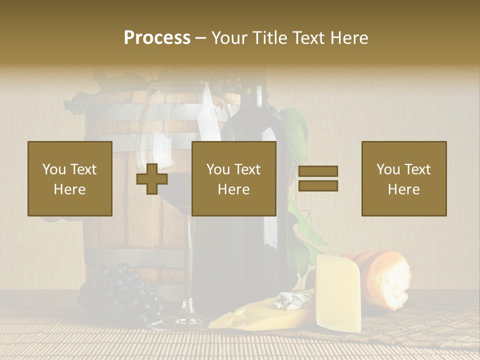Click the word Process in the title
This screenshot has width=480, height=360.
tap(157, 38)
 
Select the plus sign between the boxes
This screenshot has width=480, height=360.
tap(152, 178)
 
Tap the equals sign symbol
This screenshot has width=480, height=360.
tap(318, 178)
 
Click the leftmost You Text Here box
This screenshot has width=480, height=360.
tap(70, 178)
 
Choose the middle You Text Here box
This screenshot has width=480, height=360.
tap(233, 178)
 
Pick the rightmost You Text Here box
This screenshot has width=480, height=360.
tap(404, 178)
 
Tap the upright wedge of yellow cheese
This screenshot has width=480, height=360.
tap(339, 292)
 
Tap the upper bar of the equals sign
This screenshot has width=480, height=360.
tap(318, 171)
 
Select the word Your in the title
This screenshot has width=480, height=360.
tap(228, 38)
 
